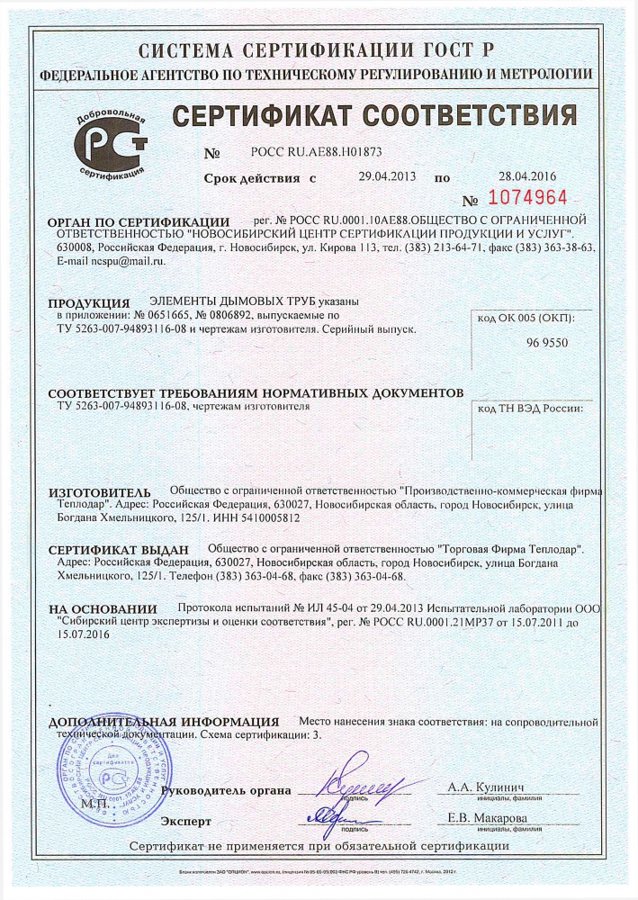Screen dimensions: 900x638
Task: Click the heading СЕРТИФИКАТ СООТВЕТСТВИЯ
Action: pyautogui.click(x=373, y=117)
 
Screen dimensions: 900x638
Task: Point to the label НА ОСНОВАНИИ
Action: pyautogui.click(x=103, y=609)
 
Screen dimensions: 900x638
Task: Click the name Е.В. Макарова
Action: pyautogui.click(x=487, y=817)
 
